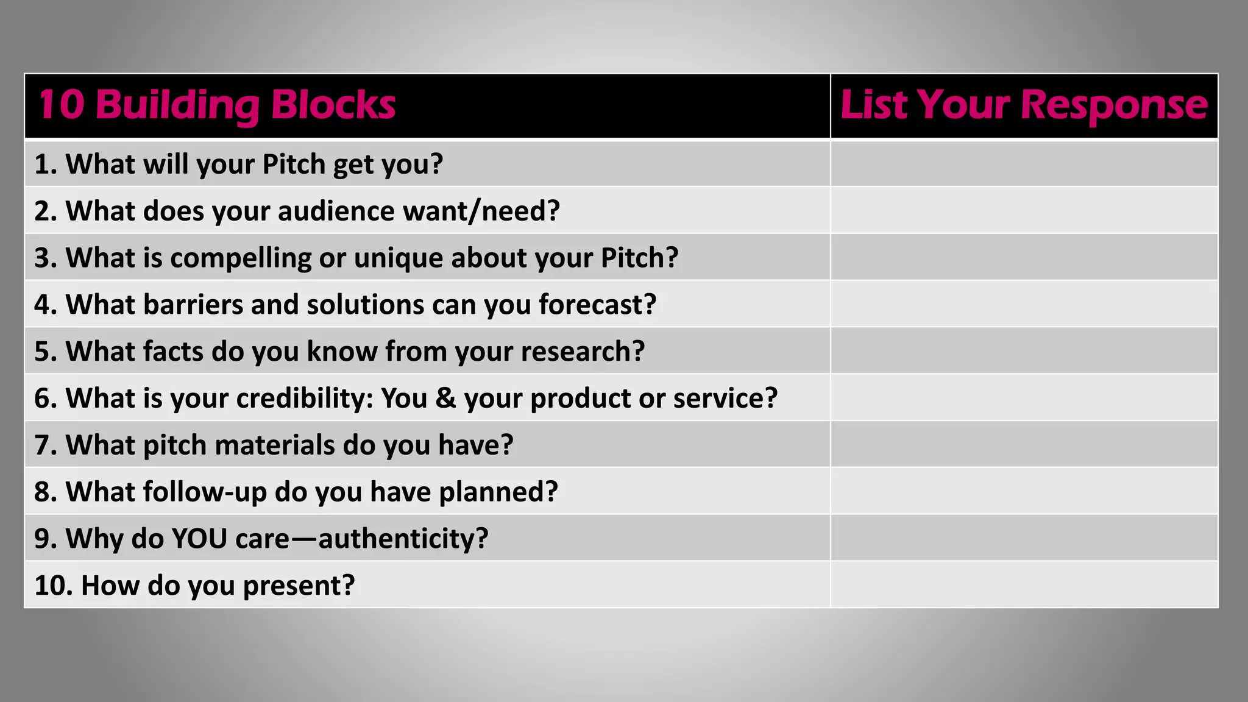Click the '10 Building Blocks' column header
(x=217, y=105)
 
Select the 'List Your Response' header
(x=1024, y=105)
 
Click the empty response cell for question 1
(x=1024, y=164)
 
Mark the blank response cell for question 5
(x=1024, y=351)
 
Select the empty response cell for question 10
(x=1024, y=585)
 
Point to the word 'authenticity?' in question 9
(x=403, y=539)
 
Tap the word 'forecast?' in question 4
(x=597, y=305)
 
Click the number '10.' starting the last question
(x=54, y=586)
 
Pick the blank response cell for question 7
(x=1024, y=445)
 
